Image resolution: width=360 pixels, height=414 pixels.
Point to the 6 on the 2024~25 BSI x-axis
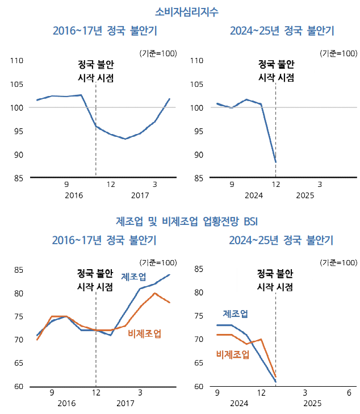click(x=349, y=393)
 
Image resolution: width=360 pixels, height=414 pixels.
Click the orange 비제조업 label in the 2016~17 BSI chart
click(x=144, y=333)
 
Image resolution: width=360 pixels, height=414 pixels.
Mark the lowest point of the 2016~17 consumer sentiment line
click(x=125, y=139)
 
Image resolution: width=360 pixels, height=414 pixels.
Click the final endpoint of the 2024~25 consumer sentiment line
click(x=275, y=162)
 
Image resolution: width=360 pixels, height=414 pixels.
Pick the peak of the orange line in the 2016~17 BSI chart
click(x=155, y=293)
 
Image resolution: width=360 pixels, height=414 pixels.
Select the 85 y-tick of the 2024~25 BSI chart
click(x=199, y=269)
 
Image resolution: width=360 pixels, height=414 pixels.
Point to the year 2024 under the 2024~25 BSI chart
click(x=240, y=403)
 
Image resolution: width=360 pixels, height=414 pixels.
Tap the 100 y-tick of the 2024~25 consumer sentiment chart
click(x=196, y=107)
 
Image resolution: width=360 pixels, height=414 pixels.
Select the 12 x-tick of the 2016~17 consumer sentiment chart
click(x=110, y=185)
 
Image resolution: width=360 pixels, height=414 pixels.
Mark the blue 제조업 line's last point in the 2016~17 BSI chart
click(x=169, y=275)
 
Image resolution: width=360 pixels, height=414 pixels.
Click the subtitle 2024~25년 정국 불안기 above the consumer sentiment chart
click(x=282, y=30)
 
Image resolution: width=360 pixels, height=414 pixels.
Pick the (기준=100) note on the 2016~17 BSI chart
click(x=157, y=262)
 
